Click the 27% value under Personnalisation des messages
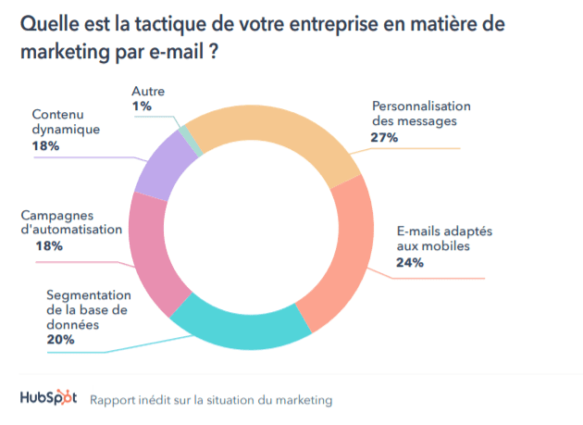384,137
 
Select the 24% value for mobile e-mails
410,263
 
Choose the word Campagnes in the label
58,215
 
